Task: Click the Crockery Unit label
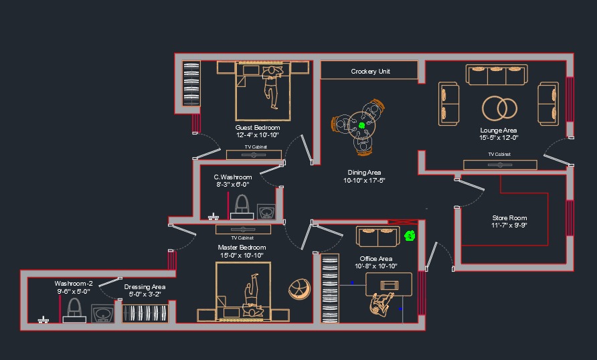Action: coord(370,71)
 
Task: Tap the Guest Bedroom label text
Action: coord(258,128)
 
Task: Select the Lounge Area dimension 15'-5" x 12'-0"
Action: coord(499,137)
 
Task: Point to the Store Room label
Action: coord(509,217)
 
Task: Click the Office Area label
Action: coord(375,259)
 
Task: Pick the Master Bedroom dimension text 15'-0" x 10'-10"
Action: coord(242,255)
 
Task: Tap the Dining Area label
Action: coord(364,173)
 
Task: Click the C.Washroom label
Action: coord(233,177)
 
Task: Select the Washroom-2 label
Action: coord(74,284)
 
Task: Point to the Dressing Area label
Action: coord(145,287)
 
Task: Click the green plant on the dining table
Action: coord(361,125)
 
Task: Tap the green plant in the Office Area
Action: coord(410,236)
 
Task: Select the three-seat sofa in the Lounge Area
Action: coord(497,74)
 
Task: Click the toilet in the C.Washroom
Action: coord(242,207)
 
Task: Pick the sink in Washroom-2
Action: coord(103,314)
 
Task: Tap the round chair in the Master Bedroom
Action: coord(299,289)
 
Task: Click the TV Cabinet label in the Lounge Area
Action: coord(499,154)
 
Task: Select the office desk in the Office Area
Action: coord(389,284)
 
